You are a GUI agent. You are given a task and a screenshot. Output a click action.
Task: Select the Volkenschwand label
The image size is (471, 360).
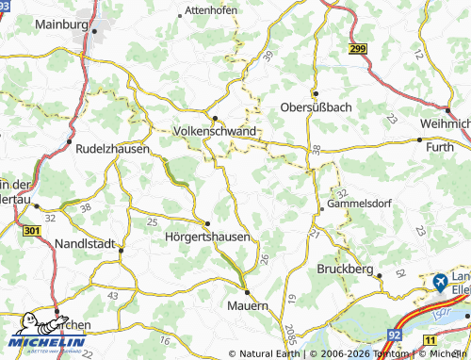pyautogui.click(x=215, y=132)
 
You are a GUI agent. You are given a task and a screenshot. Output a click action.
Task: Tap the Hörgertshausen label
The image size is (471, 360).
pyautogui.click(x=207, y=237)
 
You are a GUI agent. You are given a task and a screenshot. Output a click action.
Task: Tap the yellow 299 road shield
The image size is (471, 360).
pyautogui.click(x=357, y=48)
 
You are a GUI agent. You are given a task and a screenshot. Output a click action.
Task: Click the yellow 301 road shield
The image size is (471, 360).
pyautogui.click(x=31, y=230)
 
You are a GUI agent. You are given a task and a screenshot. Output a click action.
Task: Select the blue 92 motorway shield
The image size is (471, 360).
pyautogui.click(x=394, y=335)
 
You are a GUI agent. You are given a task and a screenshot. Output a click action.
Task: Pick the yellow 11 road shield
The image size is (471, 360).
pyautogui.click(x=430, y=339)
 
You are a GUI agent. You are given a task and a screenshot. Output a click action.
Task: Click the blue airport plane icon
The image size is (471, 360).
pyautogui.click(x=439, y=281)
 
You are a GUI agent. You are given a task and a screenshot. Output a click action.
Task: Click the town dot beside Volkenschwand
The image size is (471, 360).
pyautogui.click(x=215, y=119)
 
